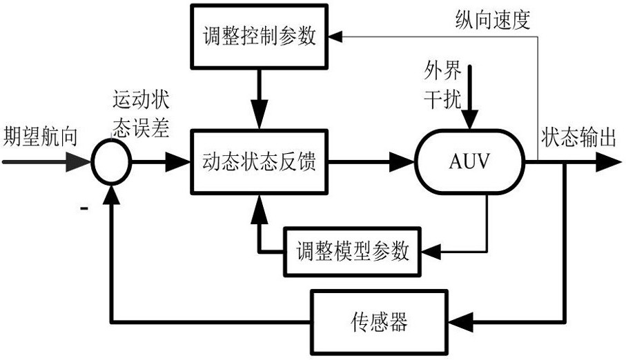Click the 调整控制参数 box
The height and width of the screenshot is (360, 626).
259,36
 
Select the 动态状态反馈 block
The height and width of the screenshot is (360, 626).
259,163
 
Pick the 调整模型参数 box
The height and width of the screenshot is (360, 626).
353,250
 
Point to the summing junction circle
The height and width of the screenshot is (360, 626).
111,163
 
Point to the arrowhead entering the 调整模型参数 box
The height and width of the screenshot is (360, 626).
429,250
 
